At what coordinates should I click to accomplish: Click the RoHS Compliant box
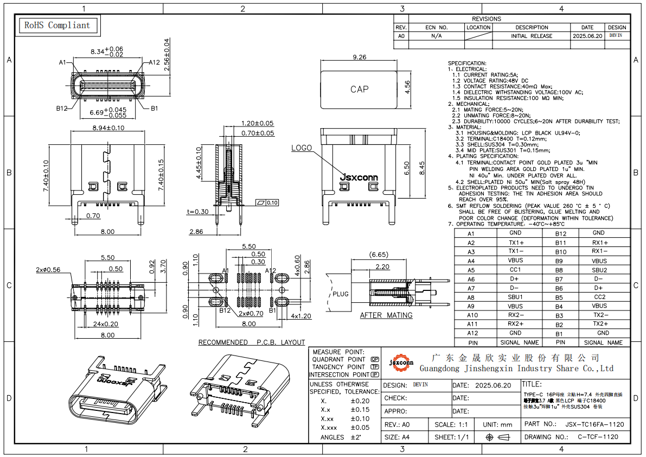(x=57, y=25)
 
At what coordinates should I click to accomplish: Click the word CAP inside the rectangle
(x=359, y=89)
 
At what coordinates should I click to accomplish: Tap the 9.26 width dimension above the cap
(x=359, y=57)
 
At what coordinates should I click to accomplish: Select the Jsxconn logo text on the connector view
(x=358, y=177)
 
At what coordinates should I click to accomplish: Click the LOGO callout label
(x=302, y=148)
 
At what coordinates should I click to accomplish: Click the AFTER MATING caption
(x=386, y=315)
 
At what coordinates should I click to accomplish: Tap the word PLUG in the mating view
(x=341, y=294)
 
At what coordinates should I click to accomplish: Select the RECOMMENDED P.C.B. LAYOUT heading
(x=252, y=342)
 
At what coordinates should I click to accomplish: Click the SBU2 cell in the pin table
(x=599, y=270)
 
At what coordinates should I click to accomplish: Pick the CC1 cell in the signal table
(x=515, y=270)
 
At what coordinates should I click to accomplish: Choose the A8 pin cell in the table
(x=471, y=297)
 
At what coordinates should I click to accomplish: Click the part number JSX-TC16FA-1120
(x=594, y=424)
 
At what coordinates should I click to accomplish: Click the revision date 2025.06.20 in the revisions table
(x=587, y=36)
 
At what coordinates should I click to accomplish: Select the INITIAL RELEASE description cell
(x=532, y=36)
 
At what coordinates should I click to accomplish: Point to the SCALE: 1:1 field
(x=452, y=424)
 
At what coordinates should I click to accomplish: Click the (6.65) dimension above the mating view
(x=378, y=254)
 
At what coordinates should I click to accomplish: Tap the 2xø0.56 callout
(x=48, y=270)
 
